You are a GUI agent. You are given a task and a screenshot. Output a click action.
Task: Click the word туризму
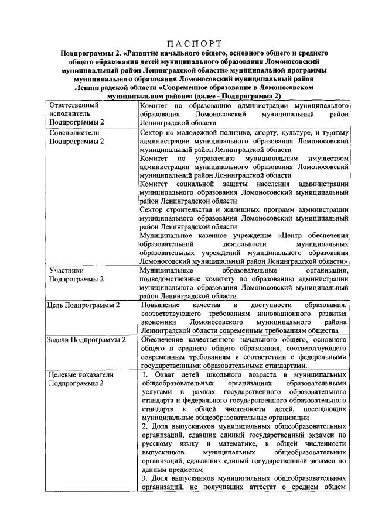click(336, 133)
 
